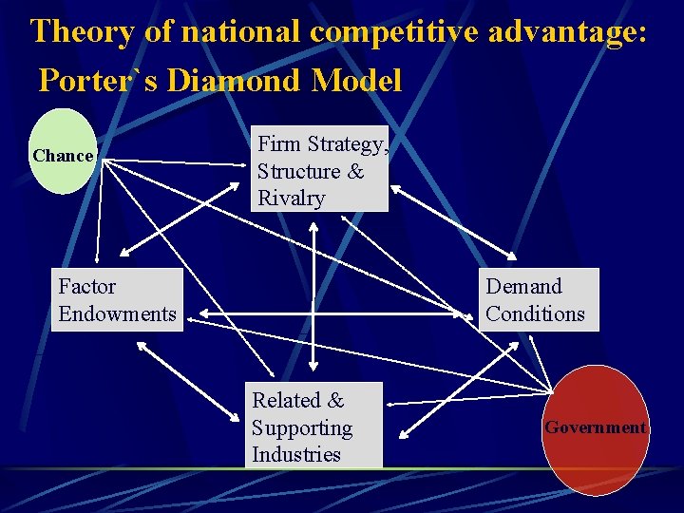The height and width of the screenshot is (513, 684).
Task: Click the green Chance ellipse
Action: (x=63, y=152)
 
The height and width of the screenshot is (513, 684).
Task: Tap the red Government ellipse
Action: (x=595, y=429)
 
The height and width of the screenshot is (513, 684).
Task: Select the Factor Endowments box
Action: (x=117, y=299)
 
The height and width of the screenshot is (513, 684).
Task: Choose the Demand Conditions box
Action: (x=538, y=299)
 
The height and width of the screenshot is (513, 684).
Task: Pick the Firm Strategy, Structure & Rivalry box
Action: (x=321, y=169)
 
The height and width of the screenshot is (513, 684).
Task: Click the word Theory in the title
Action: (x=81, y=31)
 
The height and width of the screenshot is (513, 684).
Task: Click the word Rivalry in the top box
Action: (x=291, y=199)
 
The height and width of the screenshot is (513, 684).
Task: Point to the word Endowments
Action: (x=117, y=313)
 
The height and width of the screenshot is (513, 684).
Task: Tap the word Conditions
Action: (x=535, y=313)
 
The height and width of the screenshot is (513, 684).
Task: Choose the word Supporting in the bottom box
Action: (x=301, y=427)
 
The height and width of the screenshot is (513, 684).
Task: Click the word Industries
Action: (x=295, y=454)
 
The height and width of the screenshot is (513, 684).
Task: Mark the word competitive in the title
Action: (x=400, y=31)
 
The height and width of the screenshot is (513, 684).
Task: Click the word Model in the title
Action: (x=356, y=81)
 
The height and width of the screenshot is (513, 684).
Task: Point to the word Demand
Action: (x=523, y=286)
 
